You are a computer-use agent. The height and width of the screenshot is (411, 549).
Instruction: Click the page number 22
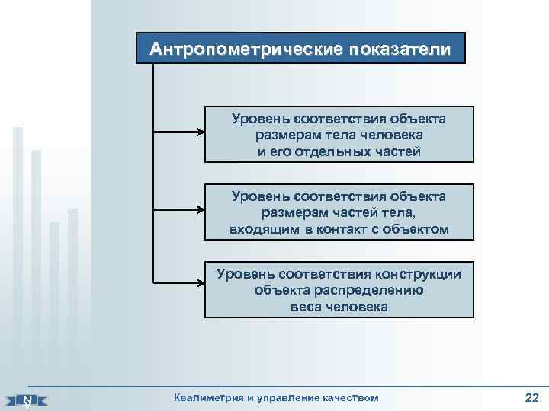pos(531,397)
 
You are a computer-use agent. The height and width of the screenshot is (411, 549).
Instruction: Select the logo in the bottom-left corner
pos(28,399)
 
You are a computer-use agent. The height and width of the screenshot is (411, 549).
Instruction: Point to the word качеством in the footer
pos(349,397)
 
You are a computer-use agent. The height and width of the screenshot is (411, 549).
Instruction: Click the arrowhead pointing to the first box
pos(201,132)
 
